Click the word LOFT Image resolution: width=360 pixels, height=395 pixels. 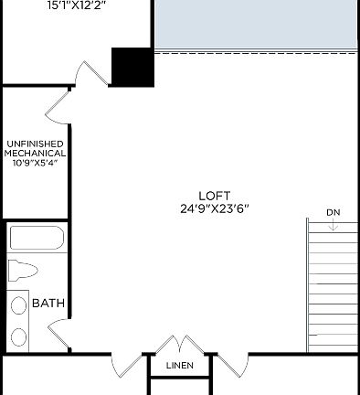(214, 195)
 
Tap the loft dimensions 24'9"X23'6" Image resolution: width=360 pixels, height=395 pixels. (214, 208)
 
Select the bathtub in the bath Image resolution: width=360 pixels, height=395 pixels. (37, 240)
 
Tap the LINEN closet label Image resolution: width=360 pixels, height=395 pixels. (180, 366)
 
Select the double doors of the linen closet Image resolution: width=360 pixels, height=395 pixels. (180, 347)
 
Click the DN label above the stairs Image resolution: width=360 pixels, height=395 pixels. (333, 213)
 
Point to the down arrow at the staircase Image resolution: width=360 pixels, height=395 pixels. (334, 226)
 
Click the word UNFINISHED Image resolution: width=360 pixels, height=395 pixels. (34, 144)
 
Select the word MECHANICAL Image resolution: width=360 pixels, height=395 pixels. (34, 153)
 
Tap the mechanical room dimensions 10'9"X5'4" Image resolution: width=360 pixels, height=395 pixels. (34, 163)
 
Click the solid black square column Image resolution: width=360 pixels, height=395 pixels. (131, 66)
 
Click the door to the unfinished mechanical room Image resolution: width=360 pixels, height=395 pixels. (58, 106)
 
